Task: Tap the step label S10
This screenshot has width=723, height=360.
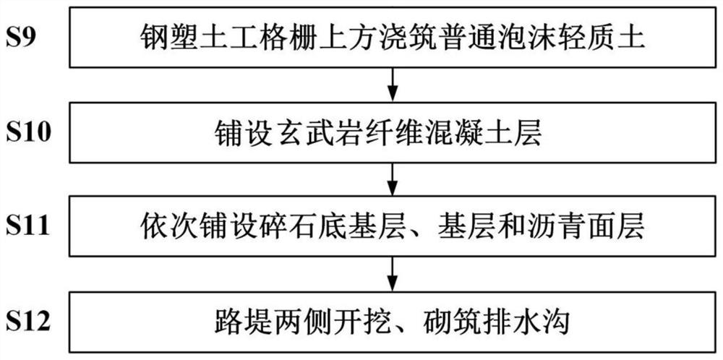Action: [27, 133]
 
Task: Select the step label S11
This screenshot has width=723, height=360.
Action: [27, 227]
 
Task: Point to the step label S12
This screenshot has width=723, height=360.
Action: [27, 322]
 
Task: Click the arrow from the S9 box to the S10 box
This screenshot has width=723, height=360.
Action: [392, 85]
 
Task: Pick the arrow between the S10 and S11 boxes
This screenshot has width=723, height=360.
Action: [392, 179]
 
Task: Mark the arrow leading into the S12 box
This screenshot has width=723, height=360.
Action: [392, 274]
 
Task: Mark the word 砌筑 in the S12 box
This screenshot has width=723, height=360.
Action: [452, 322]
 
